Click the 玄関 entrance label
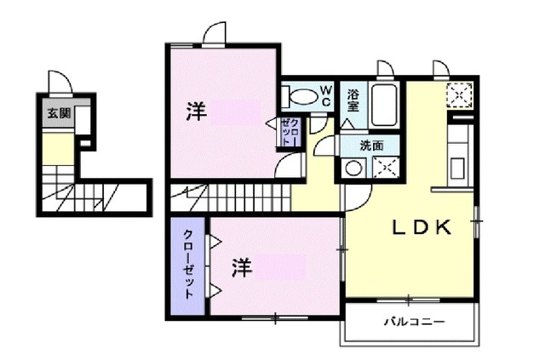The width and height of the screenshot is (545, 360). [x=58, y=112]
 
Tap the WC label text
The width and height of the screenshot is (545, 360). [x=324, y=94]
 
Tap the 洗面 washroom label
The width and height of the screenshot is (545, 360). [x=370, y=144]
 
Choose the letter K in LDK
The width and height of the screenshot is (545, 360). [x=453, y=227]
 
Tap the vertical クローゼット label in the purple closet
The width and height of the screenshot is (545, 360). [x=187, y=264]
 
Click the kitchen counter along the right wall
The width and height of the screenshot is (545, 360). [x=461, y=153]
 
